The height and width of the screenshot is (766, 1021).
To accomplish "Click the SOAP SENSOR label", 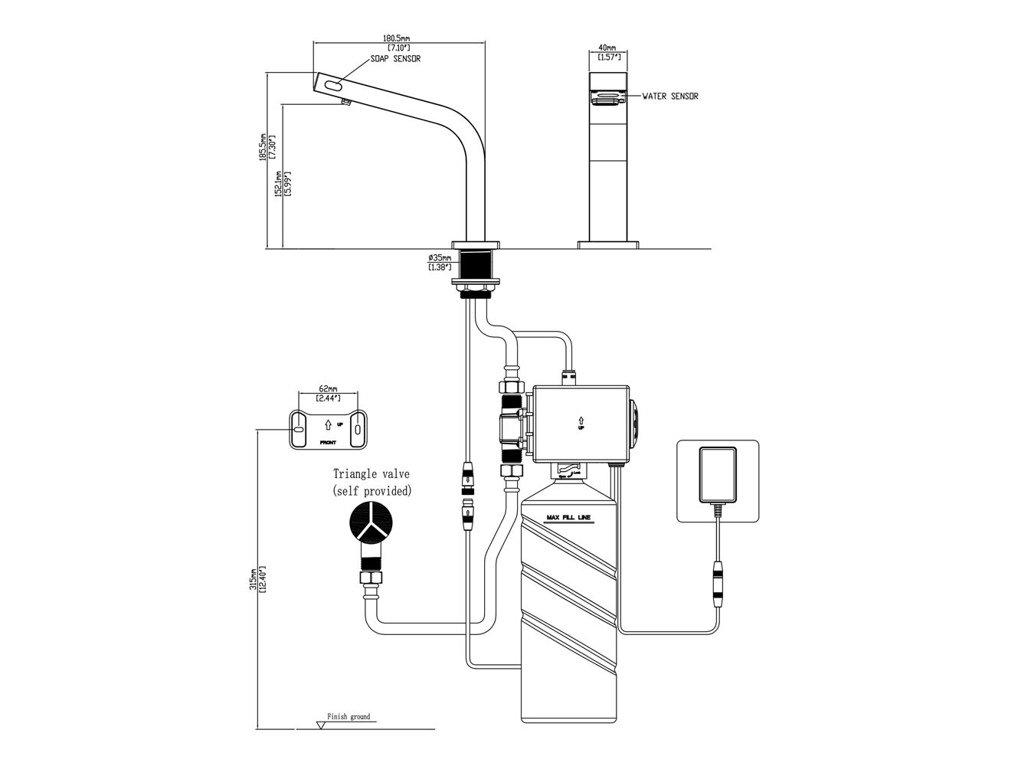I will click(394, 58).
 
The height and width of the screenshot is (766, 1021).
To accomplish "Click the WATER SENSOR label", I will click(670, 97).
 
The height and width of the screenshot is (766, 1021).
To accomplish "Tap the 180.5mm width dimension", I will click(397, 38).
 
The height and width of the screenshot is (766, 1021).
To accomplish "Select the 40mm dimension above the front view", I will click(607, 47).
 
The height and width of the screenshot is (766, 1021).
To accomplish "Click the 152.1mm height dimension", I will click(281, 184).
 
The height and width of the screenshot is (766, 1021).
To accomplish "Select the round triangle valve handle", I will click(371, 524).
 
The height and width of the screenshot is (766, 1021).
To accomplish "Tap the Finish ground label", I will click(349, 717).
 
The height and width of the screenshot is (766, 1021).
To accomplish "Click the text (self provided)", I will click(371, 490).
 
